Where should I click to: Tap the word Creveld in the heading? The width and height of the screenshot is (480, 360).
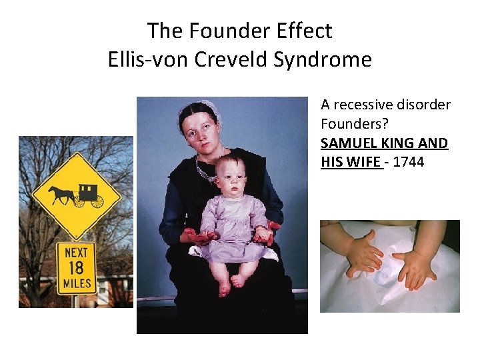coord(231,60)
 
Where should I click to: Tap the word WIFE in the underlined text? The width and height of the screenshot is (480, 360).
coord(364,162)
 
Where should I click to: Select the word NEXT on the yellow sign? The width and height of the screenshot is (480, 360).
coord(75,253)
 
